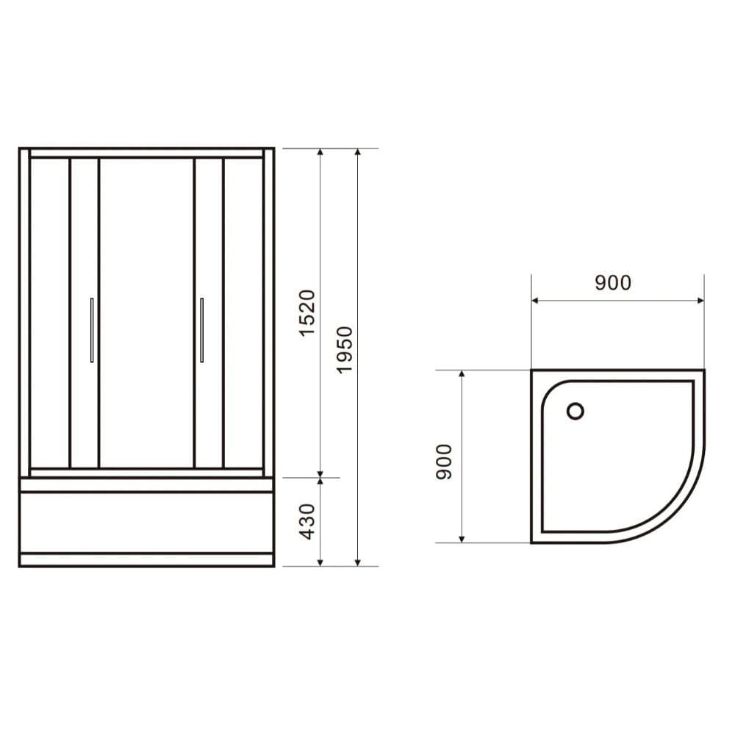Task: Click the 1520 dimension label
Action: tap(308, 313)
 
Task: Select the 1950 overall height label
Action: tap(345, 349)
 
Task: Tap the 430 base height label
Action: tap(308, 520)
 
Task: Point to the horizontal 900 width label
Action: tap(613, 282)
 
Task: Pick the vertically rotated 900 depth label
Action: tap(442, 462)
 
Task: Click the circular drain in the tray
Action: tap(576, 411)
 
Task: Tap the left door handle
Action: tap(91, 330)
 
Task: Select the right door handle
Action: tap(201, 330)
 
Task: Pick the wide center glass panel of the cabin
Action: tap(146, 312)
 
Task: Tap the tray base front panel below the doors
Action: tap(146, 522)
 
